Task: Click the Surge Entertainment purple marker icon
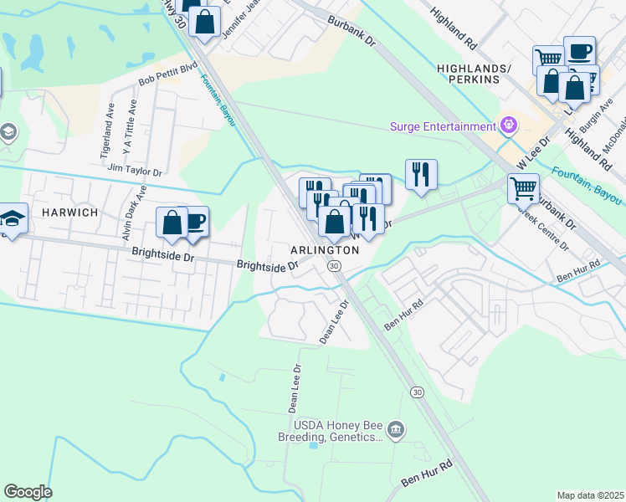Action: (507, 126)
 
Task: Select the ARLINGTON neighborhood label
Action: (319, 250)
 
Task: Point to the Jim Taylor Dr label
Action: (135, 168)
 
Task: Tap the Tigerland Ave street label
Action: (106, 135)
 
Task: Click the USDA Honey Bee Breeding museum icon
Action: (396, 430)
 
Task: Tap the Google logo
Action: (28, 492)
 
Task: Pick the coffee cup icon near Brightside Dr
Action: (195, 222)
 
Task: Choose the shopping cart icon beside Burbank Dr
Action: (523, 188)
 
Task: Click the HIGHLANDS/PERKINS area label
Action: (468, 74)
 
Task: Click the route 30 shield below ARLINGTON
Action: (333, 265)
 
